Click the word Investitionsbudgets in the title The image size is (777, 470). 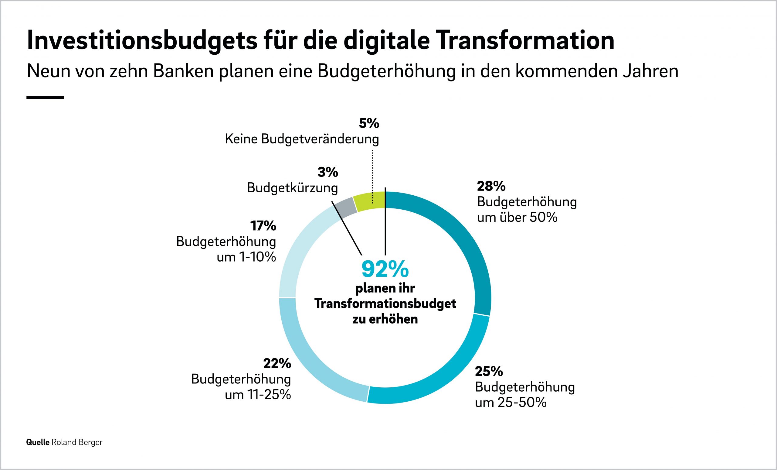point(142,41)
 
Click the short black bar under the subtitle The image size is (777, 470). point(45,98)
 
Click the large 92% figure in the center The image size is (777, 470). point(385,269)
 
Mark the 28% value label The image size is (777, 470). point(491,186)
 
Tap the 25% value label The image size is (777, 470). point(489,372)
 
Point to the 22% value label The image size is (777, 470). point(277,364)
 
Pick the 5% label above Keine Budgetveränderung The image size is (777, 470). point(369,123)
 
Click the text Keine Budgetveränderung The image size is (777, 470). point(302,139)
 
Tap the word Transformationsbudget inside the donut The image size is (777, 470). point(385,304)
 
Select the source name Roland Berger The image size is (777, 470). point(77,442)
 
